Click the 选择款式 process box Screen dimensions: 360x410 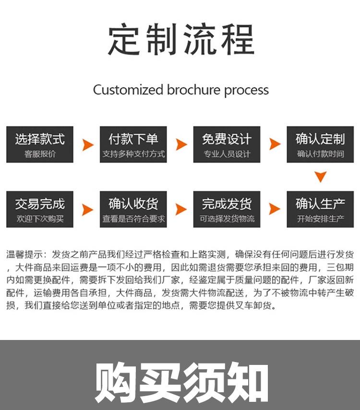pyautogui.click(x=40, y=144)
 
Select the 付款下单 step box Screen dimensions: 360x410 pyautogui.click(x=133, y=144)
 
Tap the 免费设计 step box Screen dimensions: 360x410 pyautogui.click(x=227, y=144)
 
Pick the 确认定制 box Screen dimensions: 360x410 pyautogui.click(x=320, y=144)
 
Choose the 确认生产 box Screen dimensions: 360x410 pyautogui.click(x=320, y=209)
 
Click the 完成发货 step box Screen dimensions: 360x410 pyautogui.click(x=227, y=209)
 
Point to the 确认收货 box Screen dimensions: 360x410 pyautogui.click(x=133, y=209)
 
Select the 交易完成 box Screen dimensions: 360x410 pyautogui.click(x=40, y=209)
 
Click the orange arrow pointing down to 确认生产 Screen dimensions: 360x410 pyautogui.click(x=320, y=176)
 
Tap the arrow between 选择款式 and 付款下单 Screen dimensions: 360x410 pyautogui.click(x=87, y=144)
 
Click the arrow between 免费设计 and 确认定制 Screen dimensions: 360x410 pyautogui.click(x=274, y=144)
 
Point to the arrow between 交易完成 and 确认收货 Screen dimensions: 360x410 pyautogui.click(x=87, y=209)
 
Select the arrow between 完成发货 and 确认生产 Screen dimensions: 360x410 pyautogui.click(x=274, y=209)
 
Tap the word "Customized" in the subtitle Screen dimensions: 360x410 pyautogui.click(x=128, y=90)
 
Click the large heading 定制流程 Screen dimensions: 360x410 pyautogui.click(x=180, y=40)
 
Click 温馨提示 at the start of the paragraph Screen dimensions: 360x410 pyautogui.click(x=25, y=255)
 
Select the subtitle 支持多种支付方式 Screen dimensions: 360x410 pyautogui.click(x=133, y=154)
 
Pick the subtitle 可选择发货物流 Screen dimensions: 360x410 pyautogui.click(x=227, y=219)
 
